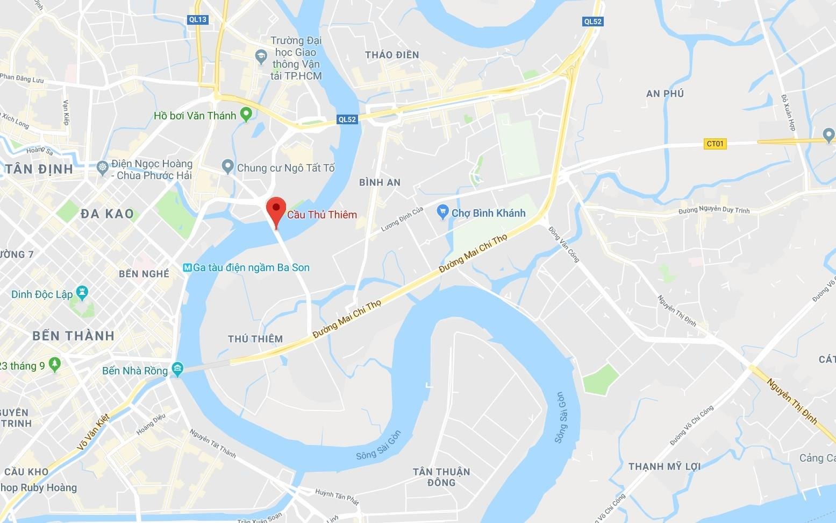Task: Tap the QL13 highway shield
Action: [x=198, y=19]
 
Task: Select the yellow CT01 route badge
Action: [x=715, y=144]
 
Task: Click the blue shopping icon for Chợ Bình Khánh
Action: [x=442, y=212]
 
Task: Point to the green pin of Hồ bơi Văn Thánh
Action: [x=246, y=114]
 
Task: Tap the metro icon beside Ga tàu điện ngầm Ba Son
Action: [x=187, y=267]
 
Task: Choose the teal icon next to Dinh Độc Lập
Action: [x=82, y=293]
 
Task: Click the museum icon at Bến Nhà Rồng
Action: [x=177, y=370]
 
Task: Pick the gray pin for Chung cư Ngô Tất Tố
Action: [x=228, y=166]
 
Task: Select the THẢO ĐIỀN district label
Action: [x=391, y=55]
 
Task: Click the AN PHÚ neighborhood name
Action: [x=664, y=94]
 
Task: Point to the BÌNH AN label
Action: [x=380, y=182]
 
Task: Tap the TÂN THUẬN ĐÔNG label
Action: [x=441, y=477]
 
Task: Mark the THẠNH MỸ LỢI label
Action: [x=664, y=467]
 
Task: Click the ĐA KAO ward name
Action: [x=107, y=214]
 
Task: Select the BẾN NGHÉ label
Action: [x=144, y=274]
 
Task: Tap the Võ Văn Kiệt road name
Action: [x=93, y=432]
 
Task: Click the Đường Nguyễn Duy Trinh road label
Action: [x=713, y=210]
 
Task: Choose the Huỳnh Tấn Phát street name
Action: [x=337, y=496]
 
